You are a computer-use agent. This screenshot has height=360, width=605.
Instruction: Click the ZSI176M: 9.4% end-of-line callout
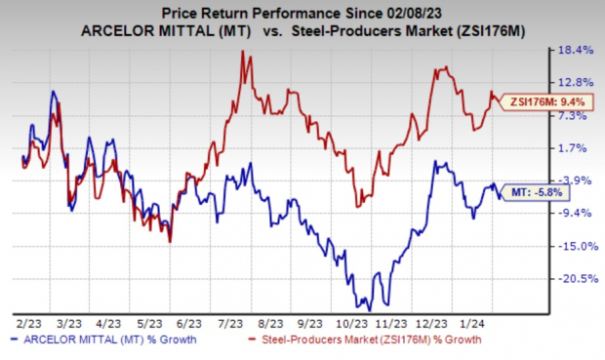(533, 99)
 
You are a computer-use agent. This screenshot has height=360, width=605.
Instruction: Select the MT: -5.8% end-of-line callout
(529, 194)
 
